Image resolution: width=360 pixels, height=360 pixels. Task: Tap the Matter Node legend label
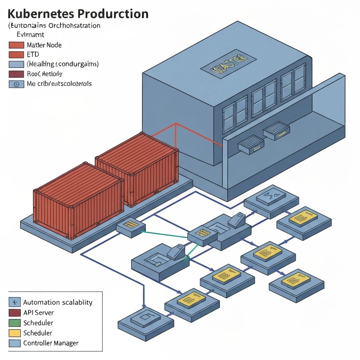pos(44,45)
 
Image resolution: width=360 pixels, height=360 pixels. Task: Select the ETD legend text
pos(33,54)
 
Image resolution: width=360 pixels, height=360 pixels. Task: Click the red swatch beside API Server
pos(14,313)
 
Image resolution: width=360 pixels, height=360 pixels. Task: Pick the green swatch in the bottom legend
pos(14,323)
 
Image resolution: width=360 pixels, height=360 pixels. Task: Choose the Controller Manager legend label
pos(51,343)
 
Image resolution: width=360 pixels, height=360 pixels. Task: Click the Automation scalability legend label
pos(57,302)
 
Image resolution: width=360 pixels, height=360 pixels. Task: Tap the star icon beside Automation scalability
pos(14,302)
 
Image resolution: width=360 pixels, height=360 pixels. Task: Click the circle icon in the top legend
pos(17,84)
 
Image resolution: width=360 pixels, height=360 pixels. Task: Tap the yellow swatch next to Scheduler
pos(14,333)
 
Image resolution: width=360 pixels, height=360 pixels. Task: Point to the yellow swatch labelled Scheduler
pos(14,333)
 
